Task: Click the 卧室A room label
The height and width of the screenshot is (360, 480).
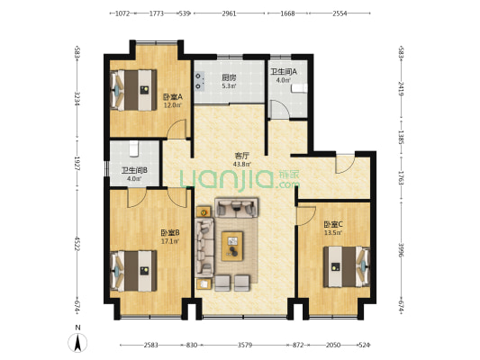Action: pyautogui.click(x=172, y=97)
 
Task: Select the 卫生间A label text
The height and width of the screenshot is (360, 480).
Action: pyautogui.click(x=284, y=72)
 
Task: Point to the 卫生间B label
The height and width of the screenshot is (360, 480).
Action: pyautogui.click(x=134, y=170)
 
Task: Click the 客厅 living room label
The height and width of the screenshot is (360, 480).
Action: pyautogui.click(x=241, y=156)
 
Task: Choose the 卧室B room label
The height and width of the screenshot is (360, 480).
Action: pyautogui.click(x=170, y=233)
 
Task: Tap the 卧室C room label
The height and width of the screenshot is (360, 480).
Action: pyautogui.click(x=333, y=225)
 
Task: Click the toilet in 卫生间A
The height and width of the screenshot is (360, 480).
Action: pyautogui.click(x=299, y=88)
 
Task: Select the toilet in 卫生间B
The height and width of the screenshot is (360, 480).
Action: pyautogui.click(x=134, y=148)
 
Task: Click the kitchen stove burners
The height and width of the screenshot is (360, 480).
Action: pyautogui.click(x=200, y=81)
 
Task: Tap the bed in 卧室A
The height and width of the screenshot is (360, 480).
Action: pyautogui.click(x=133, y=90)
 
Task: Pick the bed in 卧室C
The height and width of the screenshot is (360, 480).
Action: pyautogui.click(x=347, y=267)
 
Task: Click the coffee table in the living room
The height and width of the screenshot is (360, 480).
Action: pyautogui.click(x=232, y=246)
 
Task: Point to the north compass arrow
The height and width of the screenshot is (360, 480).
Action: pyautogui.click(x=77, y=343)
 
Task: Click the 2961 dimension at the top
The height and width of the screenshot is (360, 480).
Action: pyautogui.click(x=229, y=13)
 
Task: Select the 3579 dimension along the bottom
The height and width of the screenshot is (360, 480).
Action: pyautogui.click(x=245, y=346)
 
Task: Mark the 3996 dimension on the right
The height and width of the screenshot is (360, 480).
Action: pyautogui.click(x=401, y=250)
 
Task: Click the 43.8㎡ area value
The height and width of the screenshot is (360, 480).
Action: pyautogui.click(x=242, y=164)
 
